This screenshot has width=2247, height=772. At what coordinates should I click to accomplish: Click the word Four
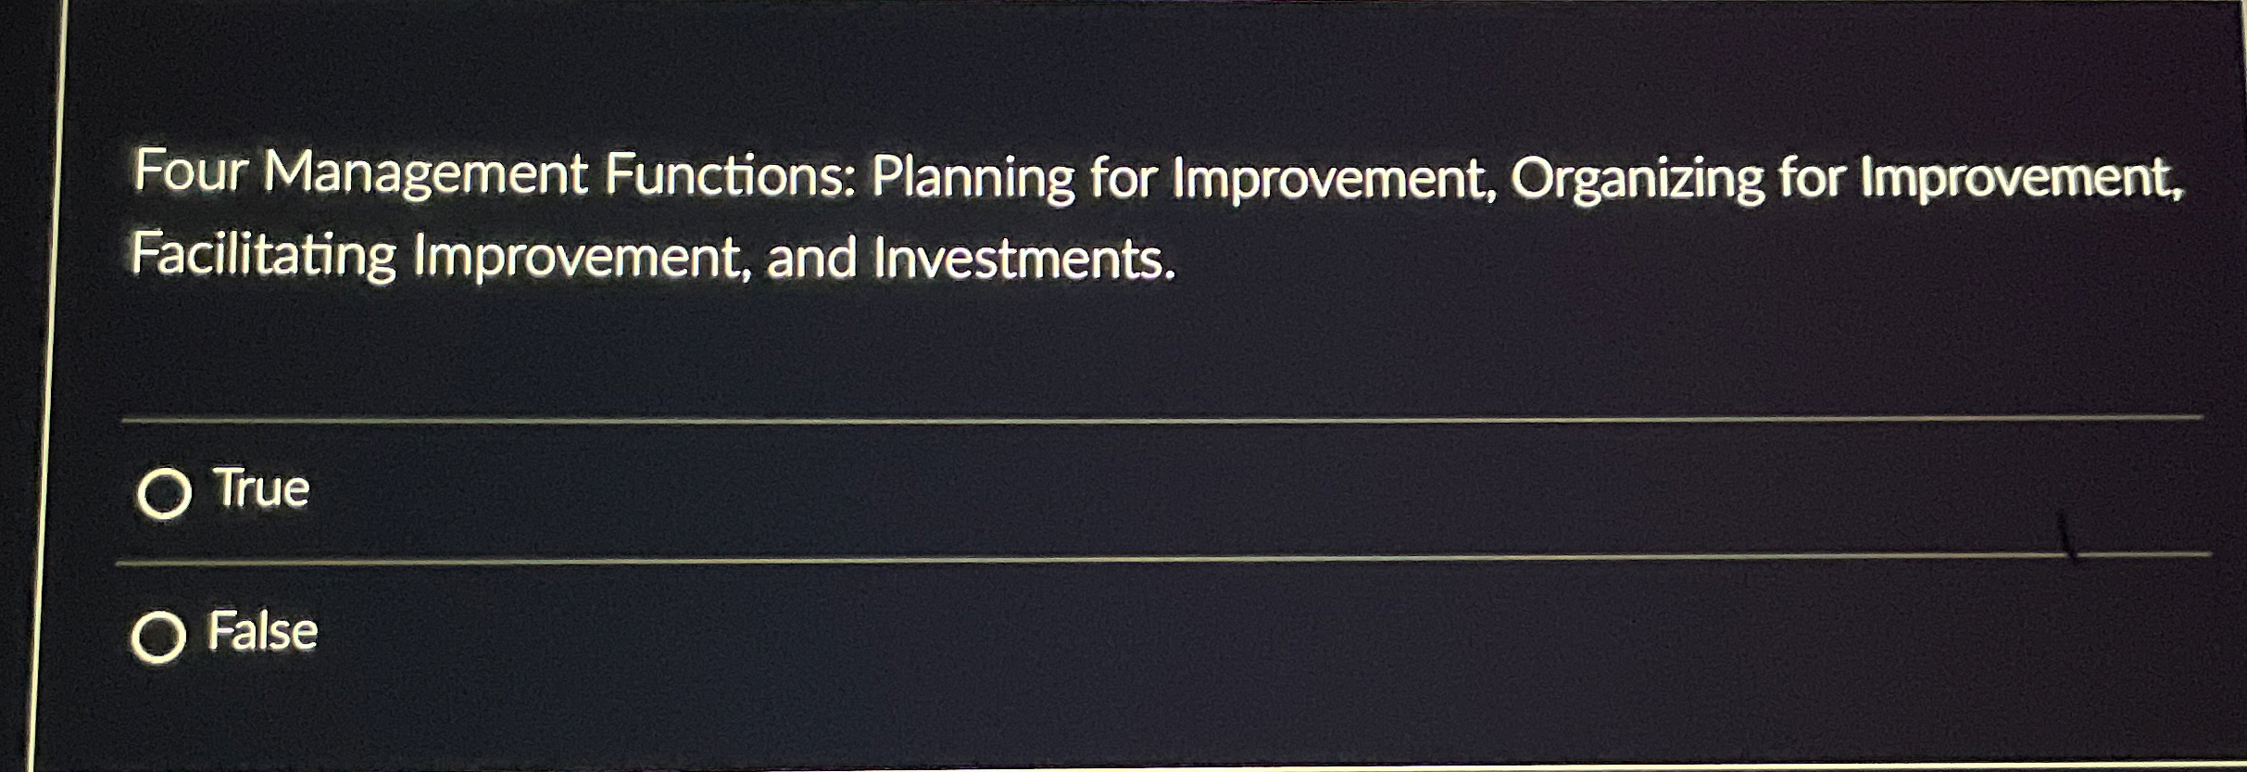pyautogui.click(x=191, y=172)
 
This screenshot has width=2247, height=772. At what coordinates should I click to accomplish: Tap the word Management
pyautogui.click(x=426, y=174)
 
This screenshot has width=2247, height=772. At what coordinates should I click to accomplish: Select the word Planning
pyautogui.click(x=972, y=178)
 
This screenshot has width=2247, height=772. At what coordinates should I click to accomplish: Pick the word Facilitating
pyautogui.click(x=264, y=256)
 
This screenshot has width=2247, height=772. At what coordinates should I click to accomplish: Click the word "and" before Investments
pyautogui.click(x=811, y=259)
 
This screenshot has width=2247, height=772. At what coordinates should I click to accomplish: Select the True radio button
pyautogui.click(x=164, y=493)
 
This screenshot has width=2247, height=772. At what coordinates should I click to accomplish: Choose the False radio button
pyautogui.click(x=158, y=637)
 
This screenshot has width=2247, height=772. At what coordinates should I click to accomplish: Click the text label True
pyautogui.click(x=261, y=488)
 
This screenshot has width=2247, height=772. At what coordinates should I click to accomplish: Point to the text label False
pyautogui.click(x=263, y=632)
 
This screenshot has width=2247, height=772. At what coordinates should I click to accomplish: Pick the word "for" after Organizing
pyautogui.click(x=1810, y=178)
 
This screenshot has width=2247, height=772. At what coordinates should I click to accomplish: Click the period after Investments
pyautogui.click(x=1171, y=273)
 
